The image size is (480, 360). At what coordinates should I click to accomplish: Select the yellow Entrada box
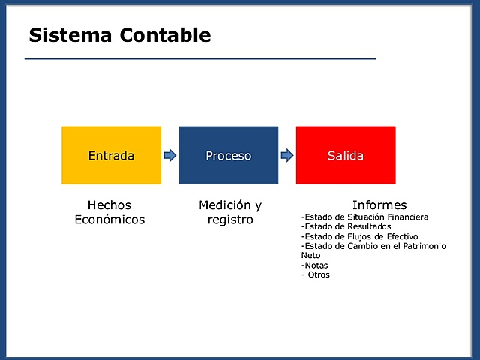pos(111,155)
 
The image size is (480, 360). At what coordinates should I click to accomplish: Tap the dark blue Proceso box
pos(228,155)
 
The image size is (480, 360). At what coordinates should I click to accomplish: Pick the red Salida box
pos(345,155)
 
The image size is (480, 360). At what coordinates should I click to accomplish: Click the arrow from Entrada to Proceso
pos(169,155)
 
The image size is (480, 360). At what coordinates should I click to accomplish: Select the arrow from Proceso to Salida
pos(286,155)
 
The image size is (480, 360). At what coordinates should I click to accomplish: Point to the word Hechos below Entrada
pos(109,205)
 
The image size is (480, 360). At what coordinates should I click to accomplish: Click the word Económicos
pos(109,220)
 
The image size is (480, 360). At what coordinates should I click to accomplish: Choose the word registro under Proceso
pos(230,220)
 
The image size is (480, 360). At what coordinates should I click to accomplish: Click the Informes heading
pos(379,205)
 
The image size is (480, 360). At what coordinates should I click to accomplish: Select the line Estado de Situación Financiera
pos(364,217)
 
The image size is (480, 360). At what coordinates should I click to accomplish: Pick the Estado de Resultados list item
pos(346,226)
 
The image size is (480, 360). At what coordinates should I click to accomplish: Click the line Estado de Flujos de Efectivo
pos(359,236)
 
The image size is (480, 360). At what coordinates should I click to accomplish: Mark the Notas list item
pos(314,265)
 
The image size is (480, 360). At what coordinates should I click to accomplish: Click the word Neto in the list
pos(310,255)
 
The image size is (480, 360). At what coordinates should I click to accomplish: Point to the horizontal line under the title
pos(199,58)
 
